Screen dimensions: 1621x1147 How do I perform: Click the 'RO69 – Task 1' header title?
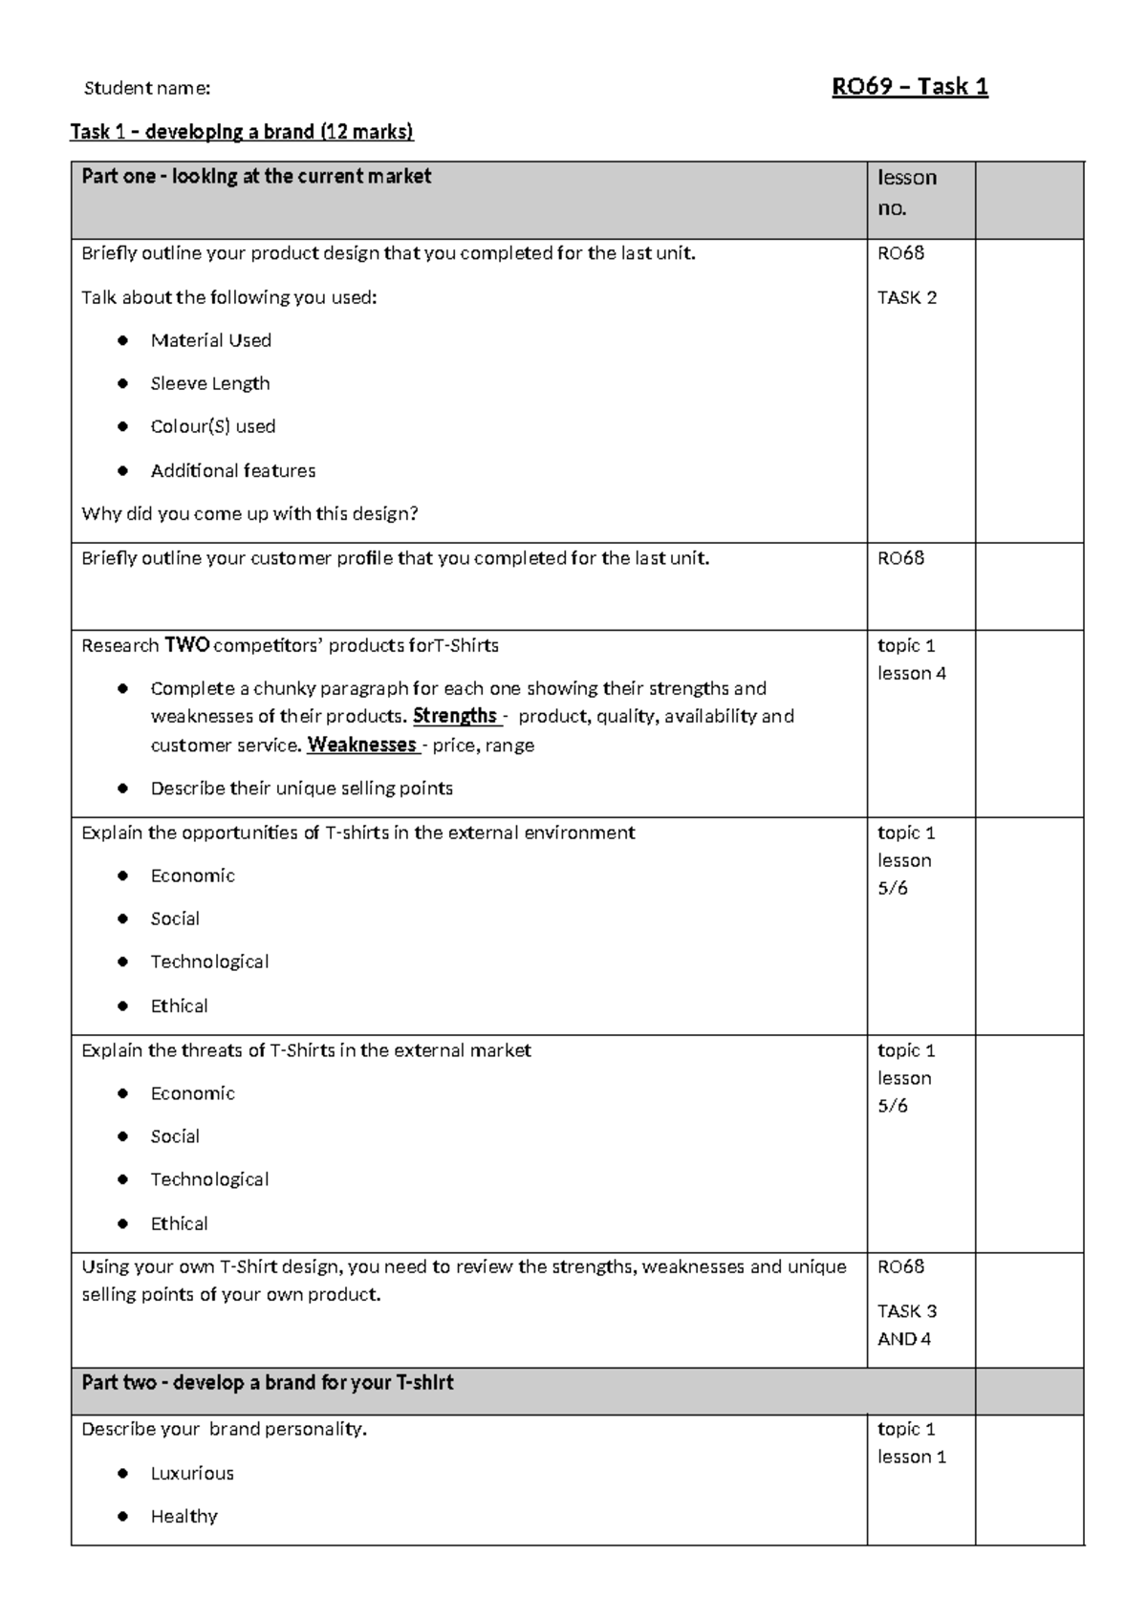pos(909,87)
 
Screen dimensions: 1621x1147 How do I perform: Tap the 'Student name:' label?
pos(147,89)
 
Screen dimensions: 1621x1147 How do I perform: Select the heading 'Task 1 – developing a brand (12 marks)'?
pos(242,132)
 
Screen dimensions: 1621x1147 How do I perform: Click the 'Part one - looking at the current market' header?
pos(256,176)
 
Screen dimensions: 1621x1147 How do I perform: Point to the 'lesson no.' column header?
pos(906,192)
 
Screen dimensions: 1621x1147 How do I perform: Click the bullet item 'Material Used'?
pos(210,340)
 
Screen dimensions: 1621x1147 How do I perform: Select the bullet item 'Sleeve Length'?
pos(210,383)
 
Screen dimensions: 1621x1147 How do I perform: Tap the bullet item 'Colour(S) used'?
pos(212,426)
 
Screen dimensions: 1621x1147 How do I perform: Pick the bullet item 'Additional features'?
pos(232,470)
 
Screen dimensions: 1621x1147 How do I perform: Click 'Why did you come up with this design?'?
pos(249,513)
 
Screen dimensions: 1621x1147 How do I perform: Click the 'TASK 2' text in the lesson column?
pos(906,297)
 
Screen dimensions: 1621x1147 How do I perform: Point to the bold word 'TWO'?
pos(186,645)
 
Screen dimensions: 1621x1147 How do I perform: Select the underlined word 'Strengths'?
pos(455,716)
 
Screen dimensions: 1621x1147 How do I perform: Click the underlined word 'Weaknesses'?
pos(361,745)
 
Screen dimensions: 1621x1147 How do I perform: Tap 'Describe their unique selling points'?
pos(301,789)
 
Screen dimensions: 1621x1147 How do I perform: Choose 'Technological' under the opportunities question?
pos(209,962)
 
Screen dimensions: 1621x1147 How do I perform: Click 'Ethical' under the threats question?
pos(179,1223)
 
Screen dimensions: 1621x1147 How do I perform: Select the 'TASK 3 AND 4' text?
pos(906,1325)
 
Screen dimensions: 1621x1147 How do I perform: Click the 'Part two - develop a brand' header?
pos(267,1383)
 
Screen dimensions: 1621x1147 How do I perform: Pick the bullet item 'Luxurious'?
pos(191,1473)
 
